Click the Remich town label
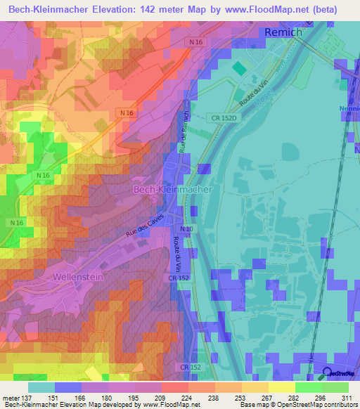(x=283, y=32)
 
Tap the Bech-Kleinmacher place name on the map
(x=172, y=190)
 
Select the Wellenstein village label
(x=78, y=278)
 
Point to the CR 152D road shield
(x=224, y=119)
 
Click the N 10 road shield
(x=186, y=229)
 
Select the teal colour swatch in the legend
(x=41, y=387)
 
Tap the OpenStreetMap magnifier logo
(x=328, y=372)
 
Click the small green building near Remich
(x=239, y=68)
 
